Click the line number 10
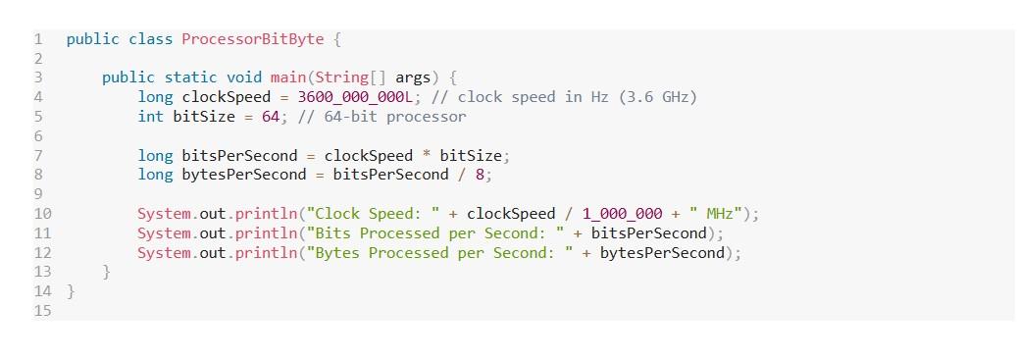tap(42, 213)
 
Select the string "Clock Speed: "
tap(378, 213)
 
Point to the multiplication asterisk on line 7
tap(427, 155)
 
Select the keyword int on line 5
tap(150, 116)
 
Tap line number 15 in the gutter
tap(42, 310)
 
